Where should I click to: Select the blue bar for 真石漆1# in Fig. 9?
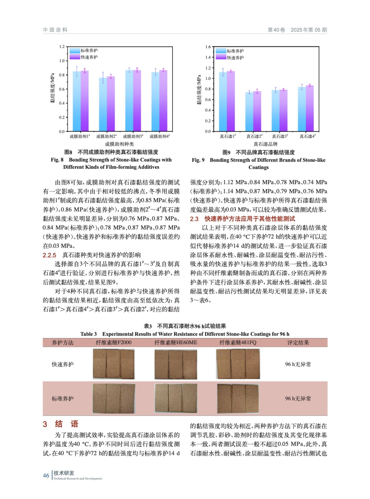click(223, 101)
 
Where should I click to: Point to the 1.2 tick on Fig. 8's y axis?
click(62, 47)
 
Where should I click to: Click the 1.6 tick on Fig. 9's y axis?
click(208, 47)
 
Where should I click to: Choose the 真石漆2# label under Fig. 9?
click(254, 136)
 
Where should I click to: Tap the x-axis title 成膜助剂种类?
click(119, 144)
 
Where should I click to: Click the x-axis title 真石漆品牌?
click(265, 144)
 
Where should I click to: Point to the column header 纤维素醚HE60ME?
click(176, 342)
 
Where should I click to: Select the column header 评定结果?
click(298, 342)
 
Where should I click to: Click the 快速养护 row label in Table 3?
click(63, 364)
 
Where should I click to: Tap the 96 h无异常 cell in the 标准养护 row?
click(298, 399)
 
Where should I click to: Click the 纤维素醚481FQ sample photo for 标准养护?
click(238, 399)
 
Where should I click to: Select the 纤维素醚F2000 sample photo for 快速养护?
click(114, 364)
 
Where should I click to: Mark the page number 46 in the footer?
click(46, 475)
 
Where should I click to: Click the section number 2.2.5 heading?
click(50, 255)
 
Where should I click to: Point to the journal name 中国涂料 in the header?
click(55, 30)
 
